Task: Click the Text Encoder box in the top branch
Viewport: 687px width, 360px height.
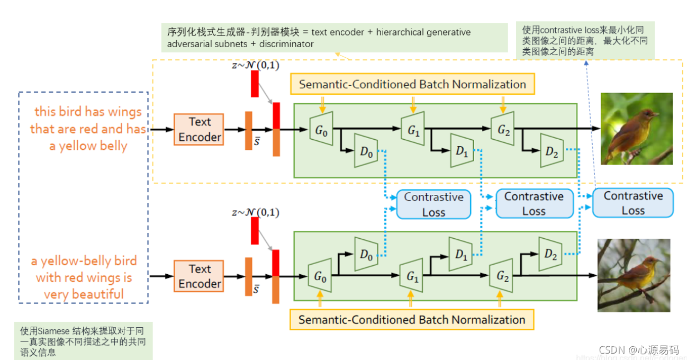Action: pos(200,129)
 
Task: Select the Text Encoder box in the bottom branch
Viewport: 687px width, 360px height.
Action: pos(200,276)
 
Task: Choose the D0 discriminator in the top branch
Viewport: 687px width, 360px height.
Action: pos(366,151)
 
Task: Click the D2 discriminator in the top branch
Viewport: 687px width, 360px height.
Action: pos(552,151)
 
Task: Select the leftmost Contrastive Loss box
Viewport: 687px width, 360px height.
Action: pos(433,204)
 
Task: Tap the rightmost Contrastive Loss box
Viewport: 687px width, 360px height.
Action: pos(632,203)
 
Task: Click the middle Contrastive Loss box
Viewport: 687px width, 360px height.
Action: pos(534,204)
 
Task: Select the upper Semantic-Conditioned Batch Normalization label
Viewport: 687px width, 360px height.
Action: pos(412,85)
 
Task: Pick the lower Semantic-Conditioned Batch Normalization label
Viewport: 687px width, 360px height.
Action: pos(412,320)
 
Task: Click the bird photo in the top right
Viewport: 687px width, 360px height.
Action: pos(636,129)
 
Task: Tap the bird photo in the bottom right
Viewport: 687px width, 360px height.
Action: pos(634,275)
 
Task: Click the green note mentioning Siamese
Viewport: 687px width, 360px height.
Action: pos(83,341)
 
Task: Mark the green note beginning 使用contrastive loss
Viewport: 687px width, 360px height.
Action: pos(585,40)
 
